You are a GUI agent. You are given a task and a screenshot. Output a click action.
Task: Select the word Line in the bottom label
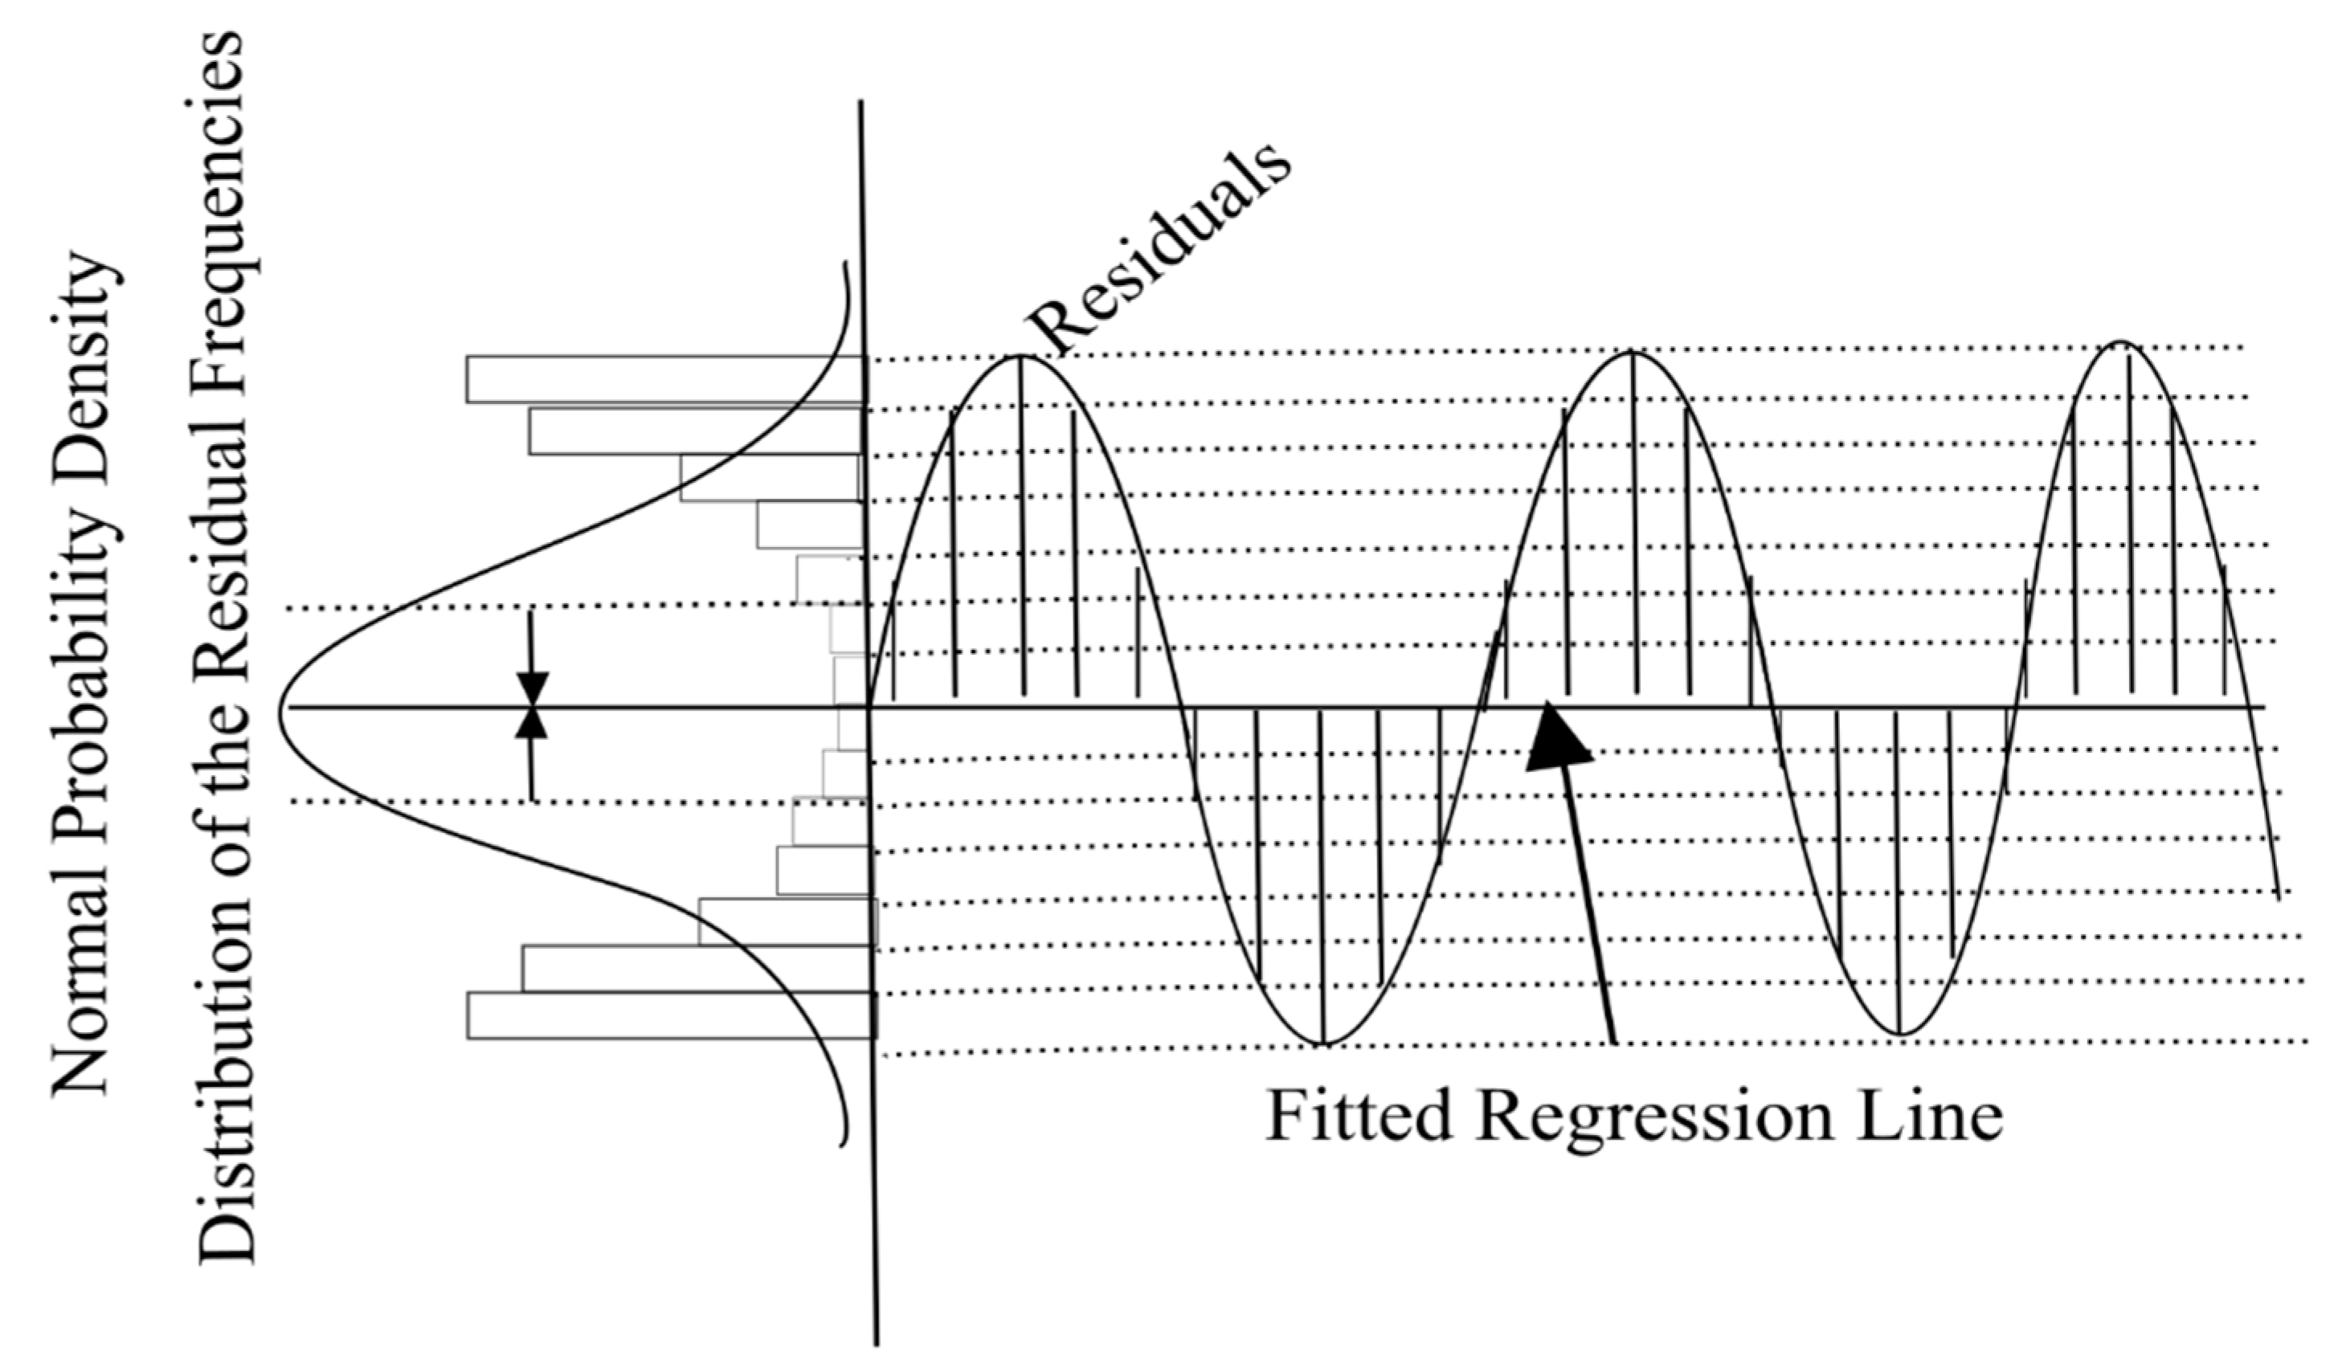[1926, 1116]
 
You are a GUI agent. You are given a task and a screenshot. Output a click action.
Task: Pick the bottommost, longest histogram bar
[671, 1015]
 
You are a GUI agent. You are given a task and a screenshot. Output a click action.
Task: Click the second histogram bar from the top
[695, 431]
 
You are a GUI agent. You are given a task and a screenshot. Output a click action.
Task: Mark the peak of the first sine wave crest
[1020, 356]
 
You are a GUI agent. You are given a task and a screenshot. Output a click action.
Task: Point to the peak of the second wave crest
[1633, 352]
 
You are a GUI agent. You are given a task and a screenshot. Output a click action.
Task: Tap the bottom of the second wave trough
[1899, 1034]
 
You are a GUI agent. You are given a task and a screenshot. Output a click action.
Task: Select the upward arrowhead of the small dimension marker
[532, 725]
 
